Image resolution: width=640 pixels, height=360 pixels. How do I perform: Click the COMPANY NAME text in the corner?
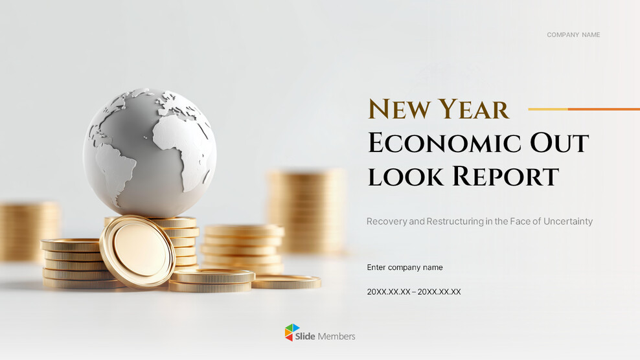click(573, 35)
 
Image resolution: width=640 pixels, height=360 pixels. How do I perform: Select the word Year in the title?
click(472, 109)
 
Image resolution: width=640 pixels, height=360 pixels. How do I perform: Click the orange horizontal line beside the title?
click(584, 109)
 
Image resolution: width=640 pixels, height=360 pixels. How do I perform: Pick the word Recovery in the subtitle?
click(386, 221)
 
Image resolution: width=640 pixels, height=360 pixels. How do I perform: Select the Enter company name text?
click(405, 267)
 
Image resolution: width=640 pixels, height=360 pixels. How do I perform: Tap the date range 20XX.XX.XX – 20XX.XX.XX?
click(414, 292)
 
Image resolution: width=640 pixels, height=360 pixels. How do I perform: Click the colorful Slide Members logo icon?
click(293, 333)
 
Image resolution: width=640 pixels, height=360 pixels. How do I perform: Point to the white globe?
click(150, 152)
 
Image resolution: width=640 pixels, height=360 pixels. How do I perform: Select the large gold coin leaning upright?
click(137, 251)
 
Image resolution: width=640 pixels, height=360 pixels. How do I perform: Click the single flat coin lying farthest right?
click(286, 282)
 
